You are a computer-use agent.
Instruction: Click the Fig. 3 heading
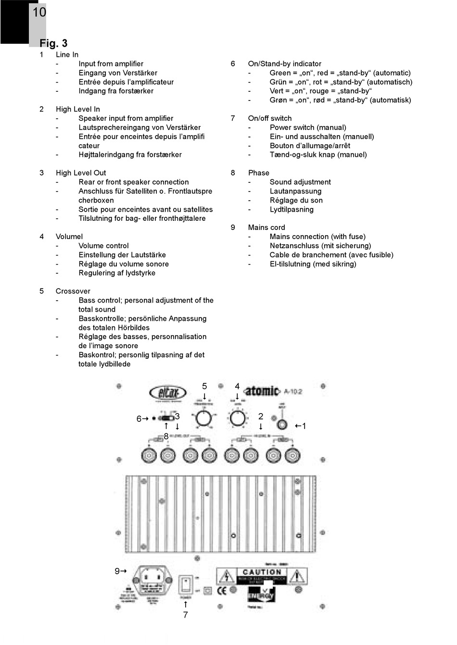click(x=53, y=43)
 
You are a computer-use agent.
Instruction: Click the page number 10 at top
click(x=39, y=12)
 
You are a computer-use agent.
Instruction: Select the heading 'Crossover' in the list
click(x=73, y=291)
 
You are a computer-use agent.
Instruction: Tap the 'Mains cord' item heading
click(x=266, y=228)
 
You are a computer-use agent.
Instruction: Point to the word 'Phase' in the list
click(x=258, y=173)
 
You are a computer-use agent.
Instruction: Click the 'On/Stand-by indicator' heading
click(x=284, y=63)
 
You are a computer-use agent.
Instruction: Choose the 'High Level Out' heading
click(x=80, y=173)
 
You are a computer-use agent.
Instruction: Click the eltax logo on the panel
click(x=167, y=392)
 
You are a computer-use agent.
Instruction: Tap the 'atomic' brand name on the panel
click(x=262, y=391)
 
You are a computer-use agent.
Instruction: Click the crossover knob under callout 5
click(x=204, y=418)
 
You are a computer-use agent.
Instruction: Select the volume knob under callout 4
click(x=237, y=418)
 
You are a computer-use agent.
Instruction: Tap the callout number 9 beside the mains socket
click(x=117, y=571)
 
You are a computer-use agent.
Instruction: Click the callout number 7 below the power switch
click(x=185, y=615)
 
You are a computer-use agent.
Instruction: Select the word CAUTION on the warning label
click(x=262, y=572)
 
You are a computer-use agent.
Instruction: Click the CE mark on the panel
click(x=222, y=590)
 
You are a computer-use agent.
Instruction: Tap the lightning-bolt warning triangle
click(x=226, y=576)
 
